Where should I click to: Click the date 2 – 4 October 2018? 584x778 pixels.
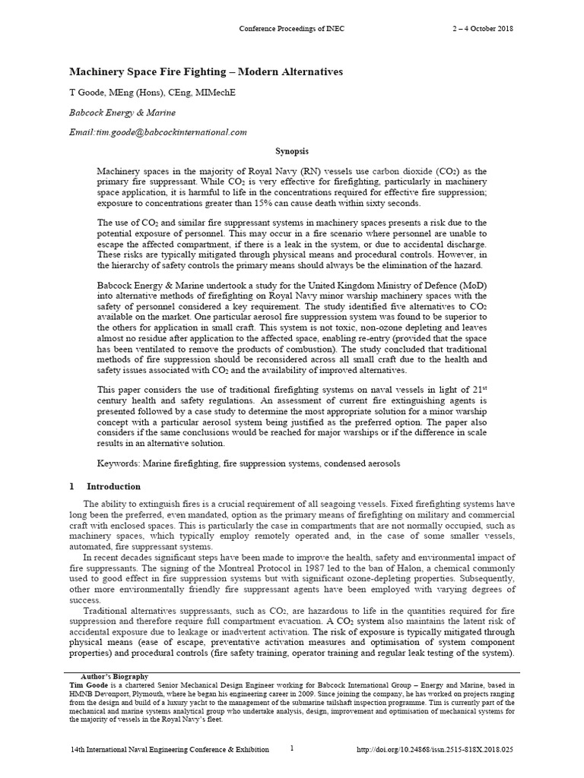coord(483,29)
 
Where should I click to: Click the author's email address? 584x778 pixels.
coord(158,131)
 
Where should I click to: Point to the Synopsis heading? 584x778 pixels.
coord(292,152)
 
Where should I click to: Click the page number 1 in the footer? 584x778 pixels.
coord(291,748)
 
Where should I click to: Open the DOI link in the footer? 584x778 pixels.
coord(435,750)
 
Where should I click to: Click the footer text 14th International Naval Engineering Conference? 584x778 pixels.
coord(167,750)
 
